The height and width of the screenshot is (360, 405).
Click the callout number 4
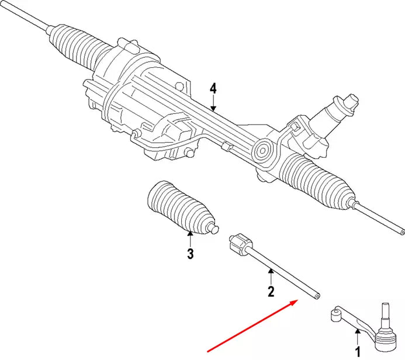(213, 88)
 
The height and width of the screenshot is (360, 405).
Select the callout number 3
(190, 254)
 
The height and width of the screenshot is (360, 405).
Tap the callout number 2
(271, 292)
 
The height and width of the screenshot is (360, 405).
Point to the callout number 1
(358, 352)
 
